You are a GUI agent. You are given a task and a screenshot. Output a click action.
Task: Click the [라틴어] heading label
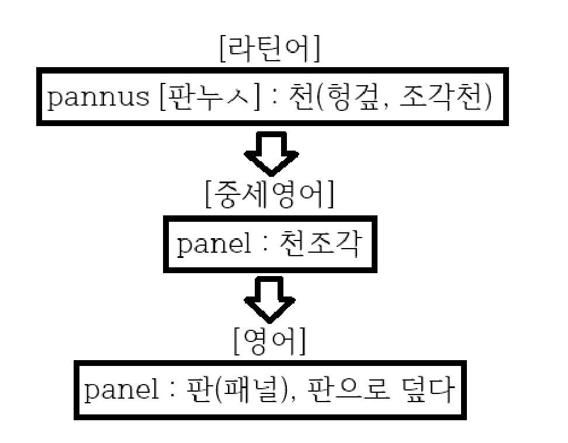click(269, 52)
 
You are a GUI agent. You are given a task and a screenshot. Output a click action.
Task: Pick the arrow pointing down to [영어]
click(269, 298)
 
